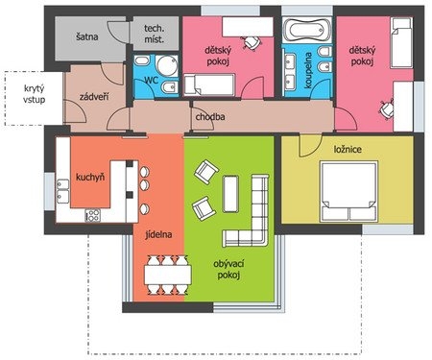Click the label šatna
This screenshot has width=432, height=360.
tap(86, 36)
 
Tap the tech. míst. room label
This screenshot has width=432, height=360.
tap(155, 34)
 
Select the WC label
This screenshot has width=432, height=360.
tap(151, 80)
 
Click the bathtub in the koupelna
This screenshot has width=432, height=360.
tap(306, 30)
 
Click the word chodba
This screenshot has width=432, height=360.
tap(210, 117)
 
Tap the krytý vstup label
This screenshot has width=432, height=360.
tap(34, 94)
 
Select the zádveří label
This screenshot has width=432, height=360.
tap(94, 96)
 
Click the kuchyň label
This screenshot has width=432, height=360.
tap(90, 177)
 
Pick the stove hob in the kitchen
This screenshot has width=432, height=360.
tap(93, 215)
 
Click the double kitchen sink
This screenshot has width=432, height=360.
tap(63, 191)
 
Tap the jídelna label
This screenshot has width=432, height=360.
tap(158, 234)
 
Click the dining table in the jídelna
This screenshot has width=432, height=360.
tap(168, 275)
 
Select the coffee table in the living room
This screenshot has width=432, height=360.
tap(230, 194)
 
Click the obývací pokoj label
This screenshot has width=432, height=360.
tap(228, 270)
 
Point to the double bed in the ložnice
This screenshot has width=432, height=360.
tap(348, 192)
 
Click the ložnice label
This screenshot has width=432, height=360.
tap(348, 149)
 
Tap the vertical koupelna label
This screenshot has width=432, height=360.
tap(308, 70)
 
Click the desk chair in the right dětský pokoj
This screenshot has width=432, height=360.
tap(387, 108)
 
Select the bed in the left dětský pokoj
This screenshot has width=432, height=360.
tap(209, 84)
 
